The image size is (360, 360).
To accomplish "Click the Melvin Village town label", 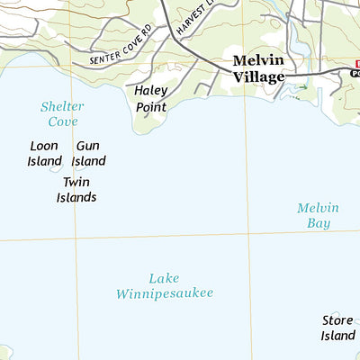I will pos(258,69).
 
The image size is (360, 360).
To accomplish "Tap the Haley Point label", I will pos(151,99).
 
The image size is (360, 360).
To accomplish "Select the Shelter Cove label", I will pos(62,113).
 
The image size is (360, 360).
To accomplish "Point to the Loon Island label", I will pos(44,153).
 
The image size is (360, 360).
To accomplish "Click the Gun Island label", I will pos(88,153).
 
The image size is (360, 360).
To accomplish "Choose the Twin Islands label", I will pos(76,190).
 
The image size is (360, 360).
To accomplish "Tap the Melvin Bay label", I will pos(318,215).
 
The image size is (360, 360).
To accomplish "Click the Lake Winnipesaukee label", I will pos(165,285).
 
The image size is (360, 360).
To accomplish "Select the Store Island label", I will pos(338,328).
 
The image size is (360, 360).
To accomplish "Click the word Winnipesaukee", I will pos(165,293).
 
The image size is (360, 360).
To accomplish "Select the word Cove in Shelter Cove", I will pos(62,121).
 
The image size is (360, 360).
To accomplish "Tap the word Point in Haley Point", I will pos(151,107).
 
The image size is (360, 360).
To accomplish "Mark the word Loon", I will pos(44,146).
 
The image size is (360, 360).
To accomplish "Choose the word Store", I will pos(338,319).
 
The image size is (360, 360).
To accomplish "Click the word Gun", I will pos(88,146).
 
